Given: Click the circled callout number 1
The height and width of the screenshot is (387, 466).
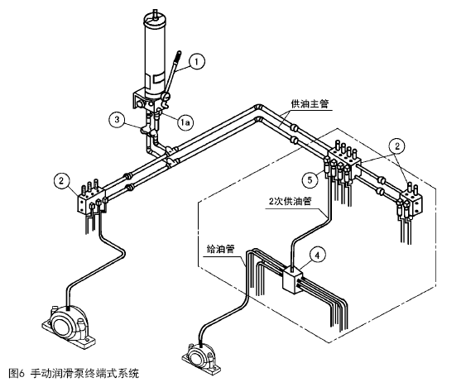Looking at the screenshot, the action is pyautogui.click(x=196, y=61).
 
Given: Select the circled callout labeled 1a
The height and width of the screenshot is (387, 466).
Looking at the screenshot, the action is pyautogui.click(x=185, y=122).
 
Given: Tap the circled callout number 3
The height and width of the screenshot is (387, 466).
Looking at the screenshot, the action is pyautogui.click(x=118, y=119).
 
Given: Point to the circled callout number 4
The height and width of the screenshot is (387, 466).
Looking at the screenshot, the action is pyautogui.click(x=317, y=255).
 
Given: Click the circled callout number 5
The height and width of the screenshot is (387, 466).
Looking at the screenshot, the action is pyautogui.click(x=310, y=179).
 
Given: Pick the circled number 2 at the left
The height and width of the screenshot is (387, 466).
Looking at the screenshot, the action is pyautogui.click(x=61, y=180).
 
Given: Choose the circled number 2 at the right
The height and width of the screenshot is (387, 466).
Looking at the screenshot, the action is pyautogui.click(x=397, y=146).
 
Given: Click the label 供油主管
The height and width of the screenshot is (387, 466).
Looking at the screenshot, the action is pyautogui.click(x=310, y=104).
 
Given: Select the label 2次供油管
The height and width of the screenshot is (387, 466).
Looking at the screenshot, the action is pyautogui.click(x=290, y=201).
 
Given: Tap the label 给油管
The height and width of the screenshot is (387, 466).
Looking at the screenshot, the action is pyautogui.click(x=220, y=249).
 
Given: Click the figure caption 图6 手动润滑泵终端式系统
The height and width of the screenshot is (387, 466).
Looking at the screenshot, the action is pyautogui.click(x=74, y=373).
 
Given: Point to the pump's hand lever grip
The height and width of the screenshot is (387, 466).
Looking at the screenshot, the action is pyautogui.click(x=177, y=57).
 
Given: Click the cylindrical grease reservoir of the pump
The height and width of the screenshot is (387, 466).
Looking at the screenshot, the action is pyautogui.click(x=155, y=55).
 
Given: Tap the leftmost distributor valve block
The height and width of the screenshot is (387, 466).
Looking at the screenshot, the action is pyautogui.click(x=92, y=200).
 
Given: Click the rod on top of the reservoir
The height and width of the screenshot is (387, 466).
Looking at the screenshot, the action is pyautogui.click(x=154, y=13).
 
